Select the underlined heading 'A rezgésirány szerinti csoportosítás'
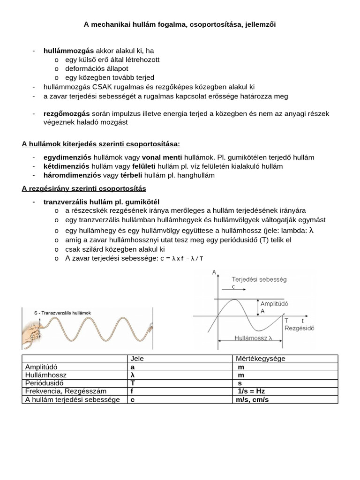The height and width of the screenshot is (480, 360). tap(84, 188)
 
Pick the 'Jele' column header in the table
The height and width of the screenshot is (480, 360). tap(137, 359)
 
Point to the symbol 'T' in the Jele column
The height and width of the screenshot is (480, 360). tap(133, 383)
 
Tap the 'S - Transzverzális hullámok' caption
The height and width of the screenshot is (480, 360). tap(63, 313)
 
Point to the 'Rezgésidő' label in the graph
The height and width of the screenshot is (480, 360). tap(298, 328)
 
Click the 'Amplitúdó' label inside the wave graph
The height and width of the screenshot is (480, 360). tap(274, 303)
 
